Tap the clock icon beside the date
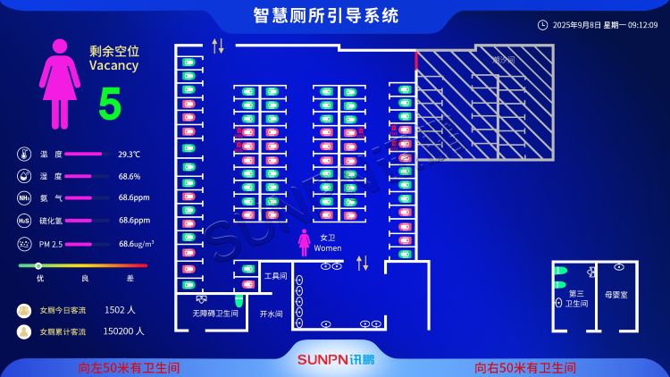(542, 25)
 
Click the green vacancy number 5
(110, 105)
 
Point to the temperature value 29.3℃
(130, 155)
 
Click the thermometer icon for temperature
(24, 154)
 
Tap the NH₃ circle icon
(24, 197)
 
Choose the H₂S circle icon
(24, 220)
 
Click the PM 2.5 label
(51, 243)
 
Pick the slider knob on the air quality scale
(38, 265)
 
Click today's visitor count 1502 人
(119, 310)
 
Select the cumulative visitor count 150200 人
(123, 331)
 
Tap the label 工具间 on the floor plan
(275, 276)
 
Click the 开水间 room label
(271, 314)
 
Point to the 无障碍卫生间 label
(215, 314)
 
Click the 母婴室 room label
(616, 294)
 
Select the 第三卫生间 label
(576, 298)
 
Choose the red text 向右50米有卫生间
(525, 367)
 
